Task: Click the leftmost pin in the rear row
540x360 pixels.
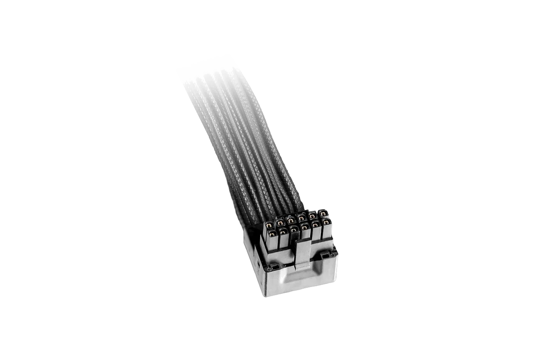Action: tap(269, 225)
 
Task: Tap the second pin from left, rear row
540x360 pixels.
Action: tap(280, 222)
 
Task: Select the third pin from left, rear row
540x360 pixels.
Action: tap(291, 220)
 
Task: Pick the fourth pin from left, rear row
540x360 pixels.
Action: tap(301, 218)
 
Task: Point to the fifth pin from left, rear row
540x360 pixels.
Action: tap(312, 216)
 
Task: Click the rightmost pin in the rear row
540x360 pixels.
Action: tap(323, 214)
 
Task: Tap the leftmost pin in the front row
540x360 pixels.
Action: tap(272, 234)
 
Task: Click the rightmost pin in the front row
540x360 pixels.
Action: tap(327, 222)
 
